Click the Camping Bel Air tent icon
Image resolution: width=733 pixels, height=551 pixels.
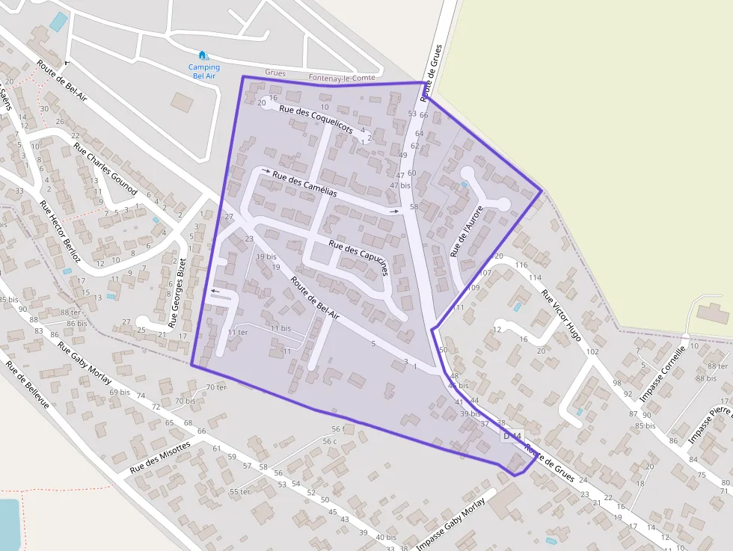click(x=203, y=55)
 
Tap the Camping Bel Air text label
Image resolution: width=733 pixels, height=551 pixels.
click(x=203, y=72)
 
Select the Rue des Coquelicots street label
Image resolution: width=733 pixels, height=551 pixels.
click(x=315, y=119)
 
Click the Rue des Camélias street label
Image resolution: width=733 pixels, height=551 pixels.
click(x=304, y=184)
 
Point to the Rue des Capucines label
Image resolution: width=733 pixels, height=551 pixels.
click(x=358, y=258)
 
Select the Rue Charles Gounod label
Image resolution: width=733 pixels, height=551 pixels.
click(x=105, y=167)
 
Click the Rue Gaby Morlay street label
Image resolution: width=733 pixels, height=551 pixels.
click(x=85, y=363)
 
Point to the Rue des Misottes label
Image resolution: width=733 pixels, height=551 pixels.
click(x=160, y=457)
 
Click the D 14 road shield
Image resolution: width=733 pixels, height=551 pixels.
click(x=512, y=435)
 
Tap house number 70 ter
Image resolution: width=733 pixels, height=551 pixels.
click(x=216, y=387)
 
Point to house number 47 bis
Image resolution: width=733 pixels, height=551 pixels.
click(x=400, y=185)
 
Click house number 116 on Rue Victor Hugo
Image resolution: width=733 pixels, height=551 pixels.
click(x=521, y=265)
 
